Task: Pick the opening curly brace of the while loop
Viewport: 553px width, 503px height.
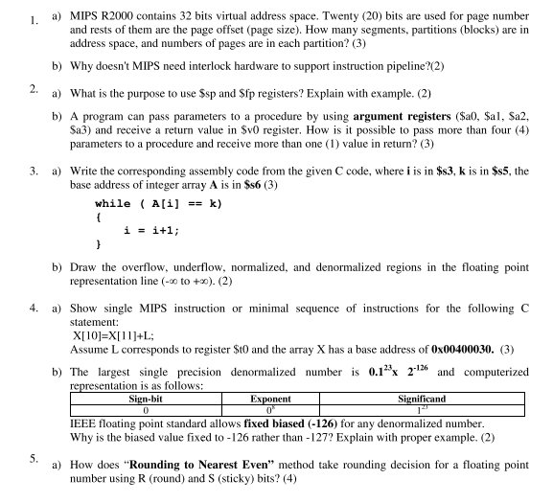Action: [99, 217]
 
